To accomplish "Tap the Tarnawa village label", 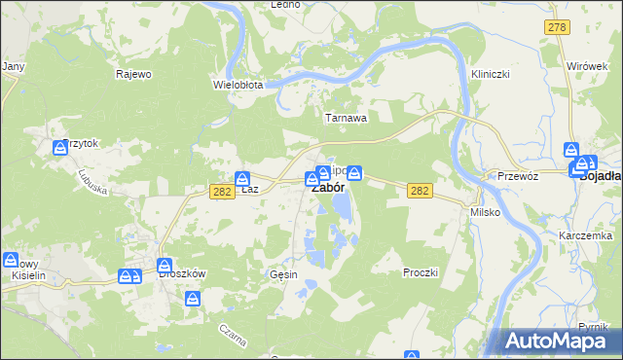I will [346, 118].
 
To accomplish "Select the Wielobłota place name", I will [238, 85].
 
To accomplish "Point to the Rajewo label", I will [134, 74].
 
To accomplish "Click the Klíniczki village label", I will [491, 74].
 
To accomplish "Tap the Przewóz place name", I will [518, 177].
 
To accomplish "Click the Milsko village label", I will [485, 212].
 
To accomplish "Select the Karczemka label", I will [585, 236].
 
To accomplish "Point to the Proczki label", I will [421, 273].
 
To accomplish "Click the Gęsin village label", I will [283, 275].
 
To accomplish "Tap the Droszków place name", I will [182, 274].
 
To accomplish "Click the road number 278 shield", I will [556, 28].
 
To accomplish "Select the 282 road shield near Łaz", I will [220, 193].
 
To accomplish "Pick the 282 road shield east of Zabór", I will [419, 193].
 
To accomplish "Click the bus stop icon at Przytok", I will [60, 148].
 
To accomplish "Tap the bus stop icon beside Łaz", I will [241, 178].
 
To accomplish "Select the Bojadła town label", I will [602, 177].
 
